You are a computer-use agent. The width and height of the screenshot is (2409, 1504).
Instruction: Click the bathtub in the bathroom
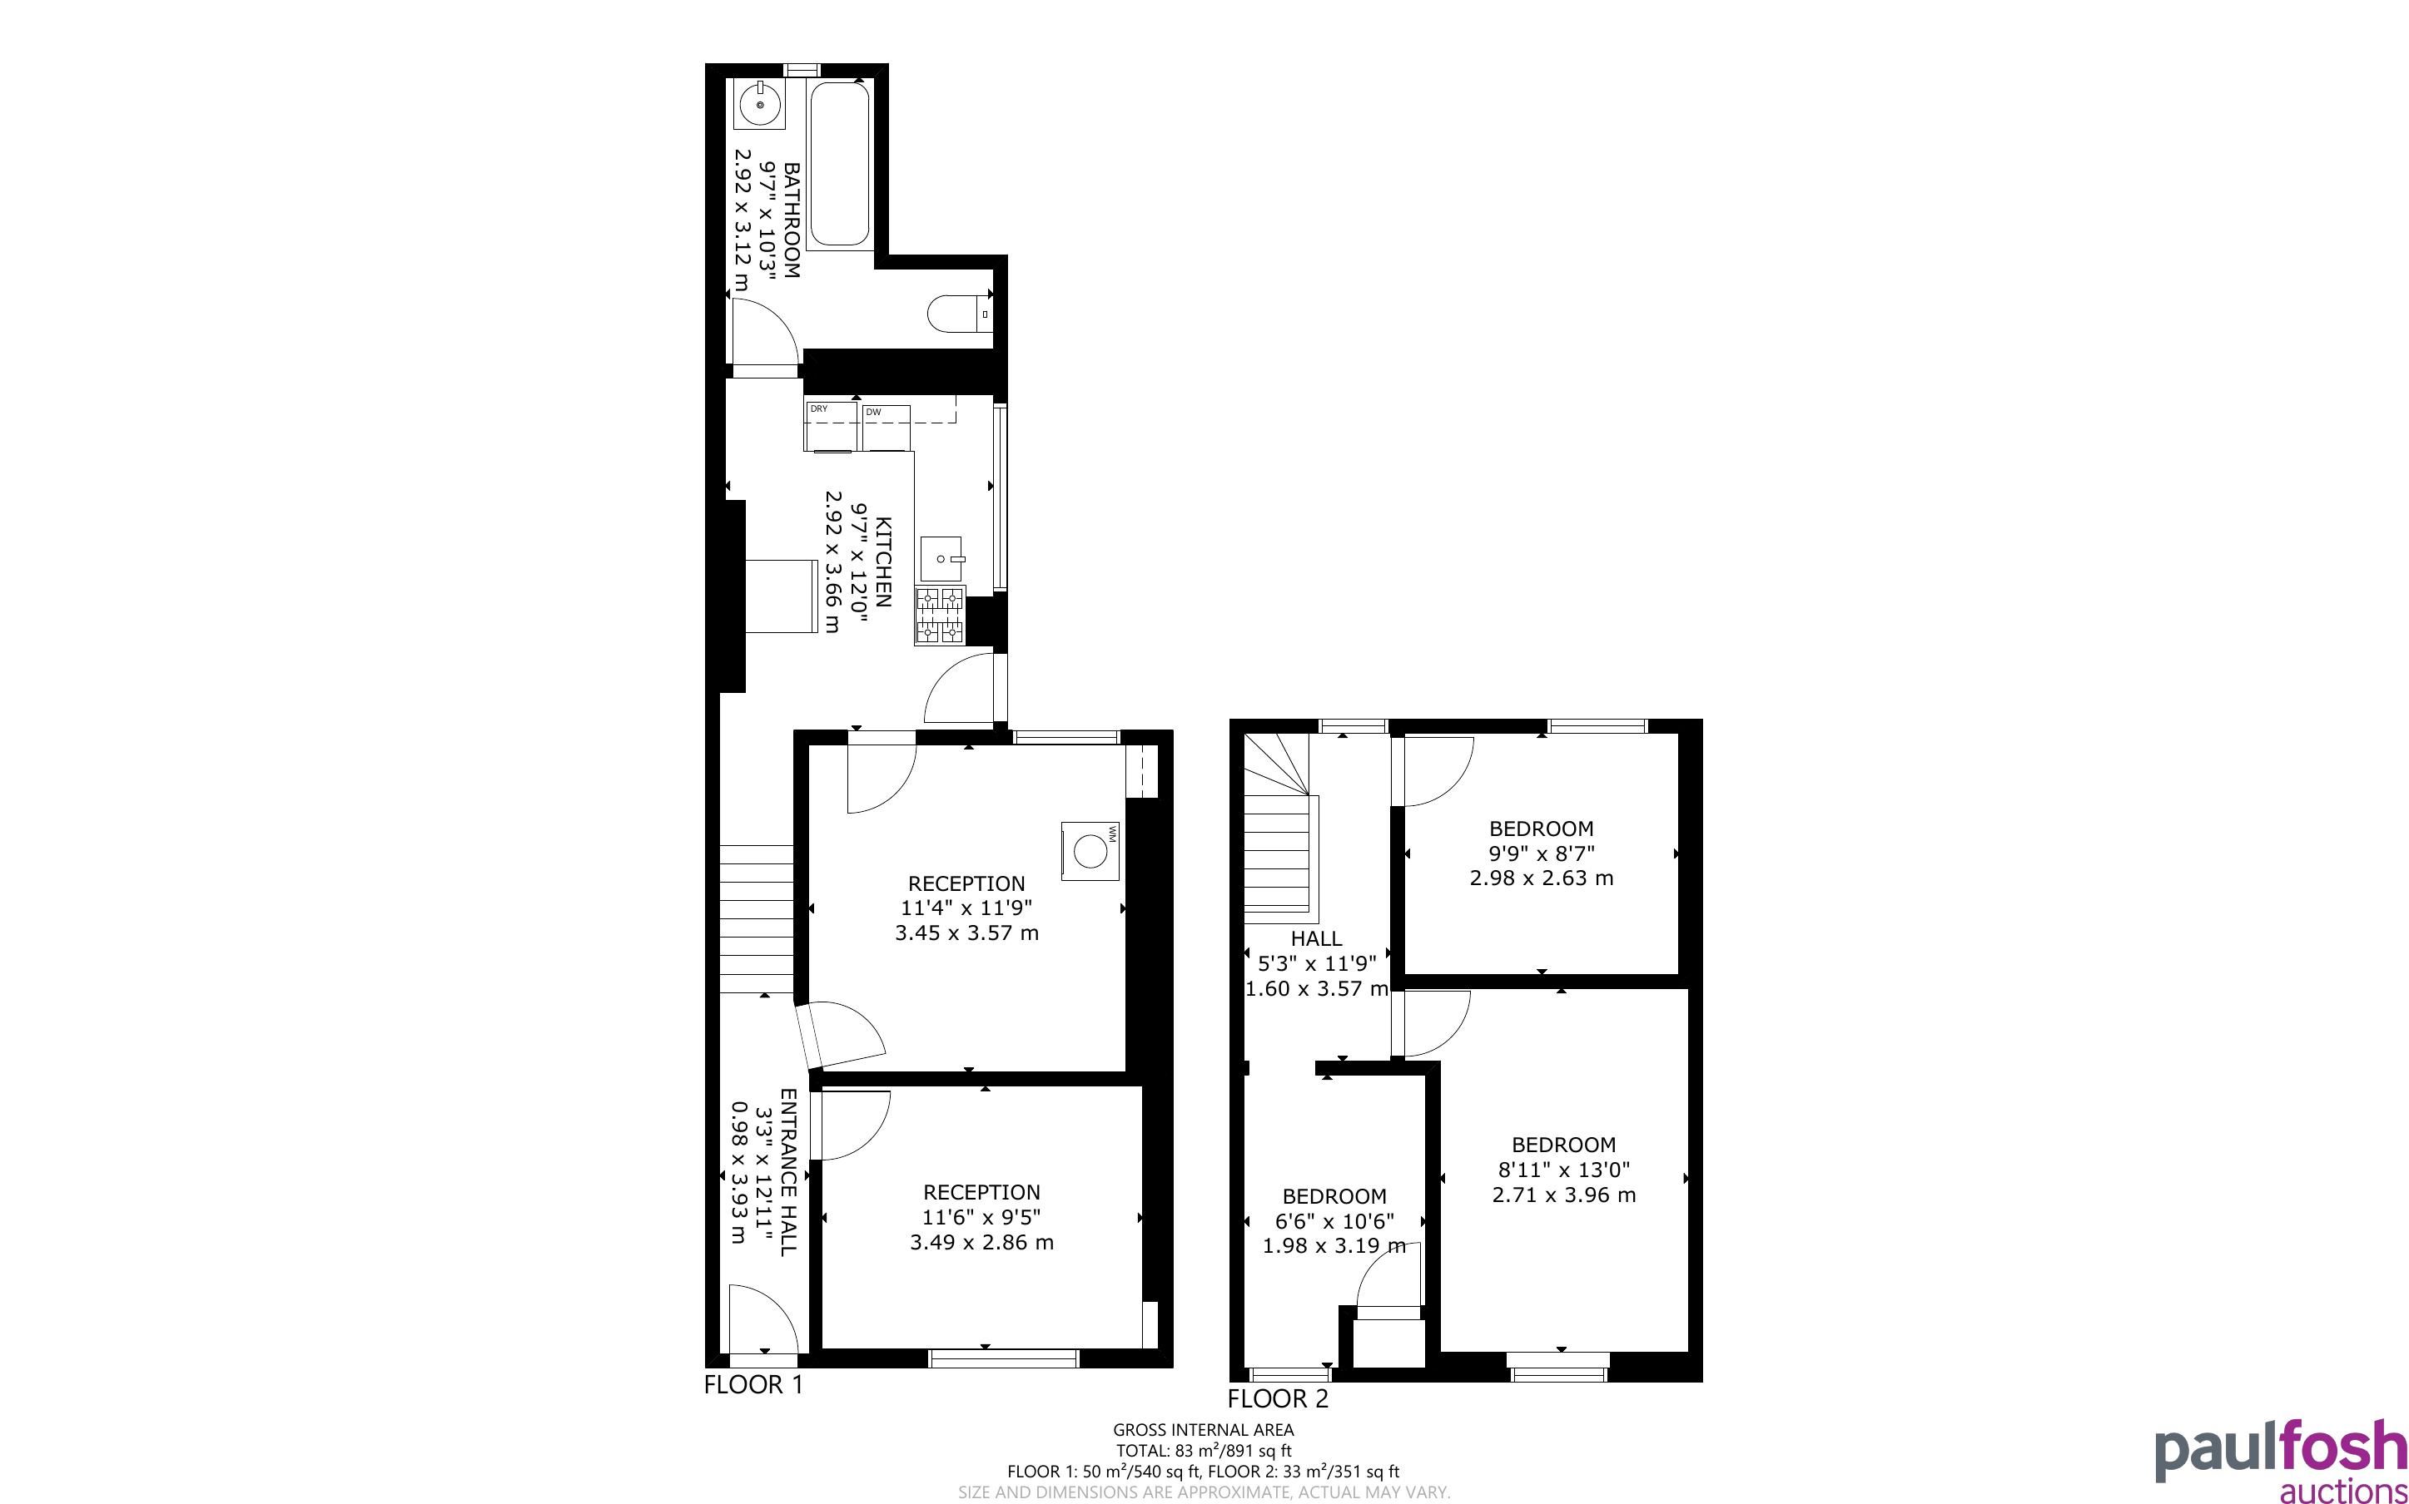click(x=840, y=165)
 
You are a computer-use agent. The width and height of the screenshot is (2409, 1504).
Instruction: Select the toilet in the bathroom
click(x=961, y=314)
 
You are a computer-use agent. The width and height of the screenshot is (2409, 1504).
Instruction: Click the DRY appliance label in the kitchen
click(x=819, y=408)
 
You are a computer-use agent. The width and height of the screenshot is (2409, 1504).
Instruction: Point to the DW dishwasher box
click(x=887, y=428)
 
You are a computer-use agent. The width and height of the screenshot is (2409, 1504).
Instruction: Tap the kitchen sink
click(x=942, y=559)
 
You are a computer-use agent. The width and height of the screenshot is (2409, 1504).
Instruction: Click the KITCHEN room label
click(x=882, y=562)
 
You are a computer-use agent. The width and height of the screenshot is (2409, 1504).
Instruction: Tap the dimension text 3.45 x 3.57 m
click(x=967, y=933)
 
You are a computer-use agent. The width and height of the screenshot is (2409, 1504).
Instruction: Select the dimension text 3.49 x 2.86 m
click(x=982, y=1243)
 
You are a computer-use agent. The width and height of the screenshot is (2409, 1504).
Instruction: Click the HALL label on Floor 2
click(x=1316, y=938)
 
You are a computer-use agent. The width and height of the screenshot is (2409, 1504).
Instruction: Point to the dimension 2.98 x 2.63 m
click(x=1542, y=878)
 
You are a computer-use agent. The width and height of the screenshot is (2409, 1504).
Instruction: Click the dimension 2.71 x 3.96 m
click(x=1564, y=1195)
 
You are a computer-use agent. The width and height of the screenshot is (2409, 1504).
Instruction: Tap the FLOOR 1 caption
click(x=753, y=1385)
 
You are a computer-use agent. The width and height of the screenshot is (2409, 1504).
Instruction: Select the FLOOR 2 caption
click(x=1278, y=1399)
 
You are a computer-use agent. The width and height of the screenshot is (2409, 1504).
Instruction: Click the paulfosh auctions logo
click(x=2281, y=1460)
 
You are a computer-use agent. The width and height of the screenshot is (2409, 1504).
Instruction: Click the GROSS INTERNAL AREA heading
click(x=1203, y=1431)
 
